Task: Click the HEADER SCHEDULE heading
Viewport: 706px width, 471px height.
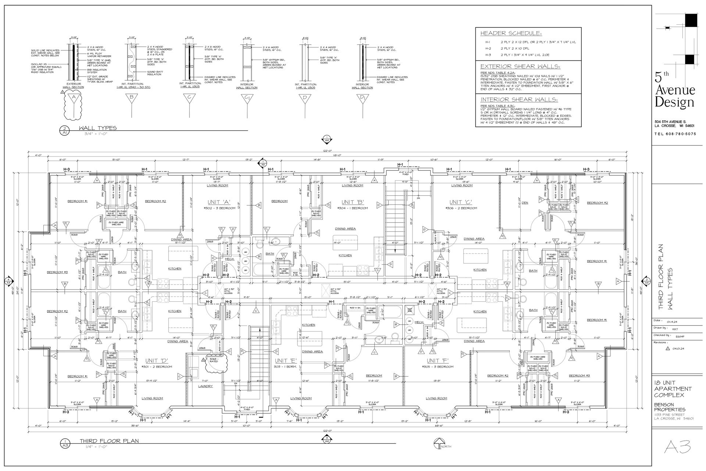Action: click(x=511, y=33)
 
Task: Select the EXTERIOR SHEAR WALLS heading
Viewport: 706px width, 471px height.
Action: click(x=520, y=67)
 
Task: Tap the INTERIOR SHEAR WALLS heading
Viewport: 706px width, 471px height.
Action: click(x=519, y=100)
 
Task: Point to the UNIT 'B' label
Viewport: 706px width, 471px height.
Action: click(x=353, y=202)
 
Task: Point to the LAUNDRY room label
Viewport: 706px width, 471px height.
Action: click(x=205, y=386)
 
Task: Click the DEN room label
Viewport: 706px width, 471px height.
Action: click(x=525, y=203)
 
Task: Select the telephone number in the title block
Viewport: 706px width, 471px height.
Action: click(x=675, y=134)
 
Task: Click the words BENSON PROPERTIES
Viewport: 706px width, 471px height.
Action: click(x=670, y=407)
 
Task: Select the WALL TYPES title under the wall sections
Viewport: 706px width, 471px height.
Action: click(x=98, y=128)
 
